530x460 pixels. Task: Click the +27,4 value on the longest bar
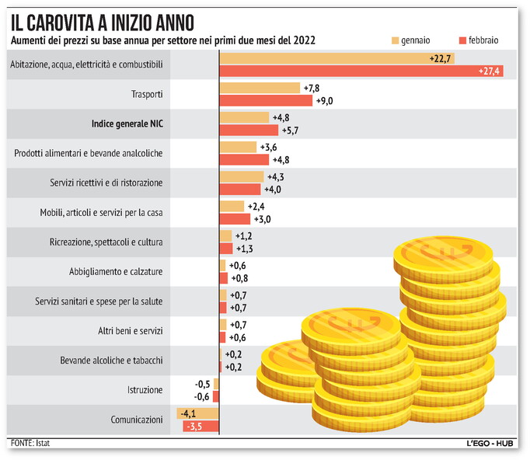coord(491,71)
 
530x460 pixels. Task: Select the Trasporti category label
coord(148,94)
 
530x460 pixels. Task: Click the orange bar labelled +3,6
coord(238,147)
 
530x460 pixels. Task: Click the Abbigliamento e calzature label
coord(116,271)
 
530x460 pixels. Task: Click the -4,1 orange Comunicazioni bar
coord(199,413)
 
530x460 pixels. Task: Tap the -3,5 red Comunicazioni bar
coord(201,426)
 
